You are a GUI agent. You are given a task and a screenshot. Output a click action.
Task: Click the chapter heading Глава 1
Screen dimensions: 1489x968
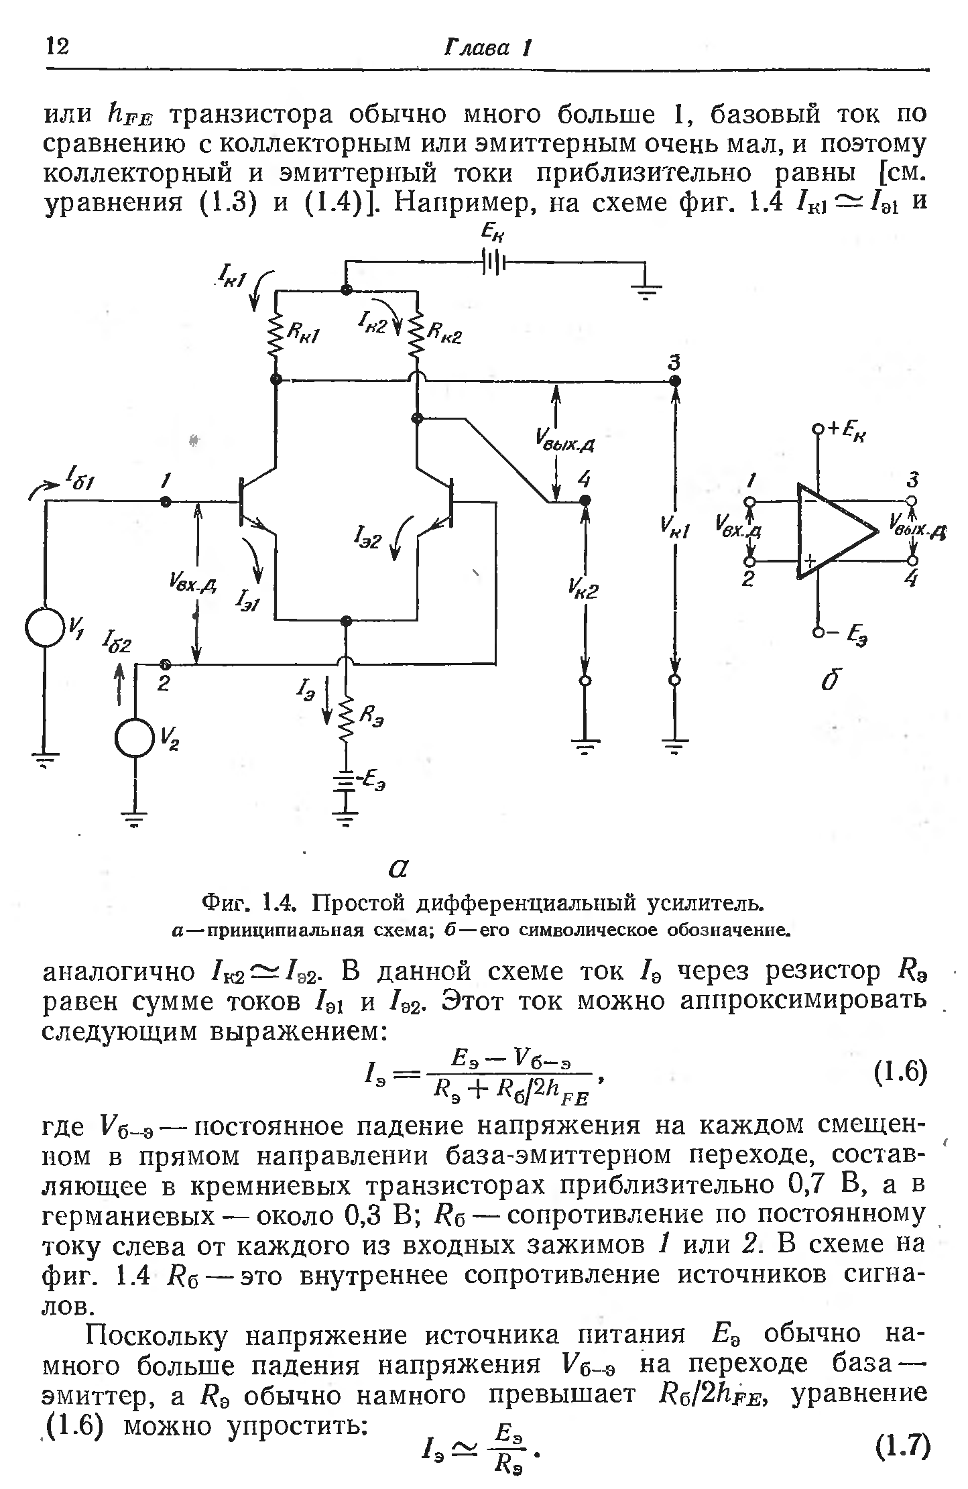pyautogui.click(x=488, y=48)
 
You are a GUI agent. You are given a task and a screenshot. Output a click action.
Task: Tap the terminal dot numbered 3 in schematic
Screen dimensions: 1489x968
pyautogui.click(x=675, y=381)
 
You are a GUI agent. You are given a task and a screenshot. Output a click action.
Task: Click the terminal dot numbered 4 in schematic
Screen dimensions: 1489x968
pyautogui.click(x=585, y=500)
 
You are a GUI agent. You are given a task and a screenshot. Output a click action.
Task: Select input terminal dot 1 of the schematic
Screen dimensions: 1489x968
pyautogui.click(x=165, y=501)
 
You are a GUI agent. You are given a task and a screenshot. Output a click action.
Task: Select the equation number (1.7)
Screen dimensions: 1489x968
pyautogui.click(x=902, y=1446)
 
